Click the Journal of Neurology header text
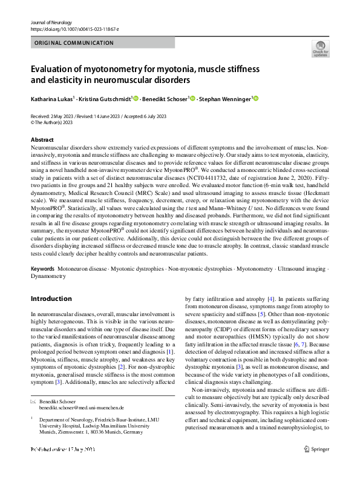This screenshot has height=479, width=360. pyautogui.click(x=53, y=22)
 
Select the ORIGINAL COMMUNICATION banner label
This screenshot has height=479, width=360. pyautogui.click(x=74, y=43)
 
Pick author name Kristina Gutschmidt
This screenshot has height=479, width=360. pyautogui.click(x=105, y=98)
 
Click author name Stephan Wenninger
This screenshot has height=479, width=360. pyautogui.click(x=227, y=98)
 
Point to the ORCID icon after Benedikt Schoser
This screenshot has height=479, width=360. pyautogui.click(x=192, y=98)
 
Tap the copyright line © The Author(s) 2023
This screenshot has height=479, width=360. pyautogui.click(x=51, y=122)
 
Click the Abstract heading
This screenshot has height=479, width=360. pyautogui.click(x=42, y=140)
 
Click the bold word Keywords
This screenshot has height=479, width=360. pyautogui.click(x=43, y=268)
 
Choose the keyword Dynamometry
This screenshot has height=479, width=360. pyautogui.click(x=48, y=276)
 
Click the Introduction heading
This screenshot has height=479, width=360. pyautogui.click(x=51, y=299)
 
